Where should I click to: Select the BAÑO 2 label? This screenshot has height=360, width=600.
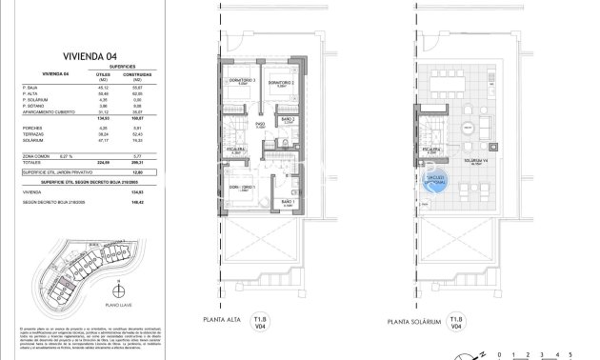click(x=290, y=121)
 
